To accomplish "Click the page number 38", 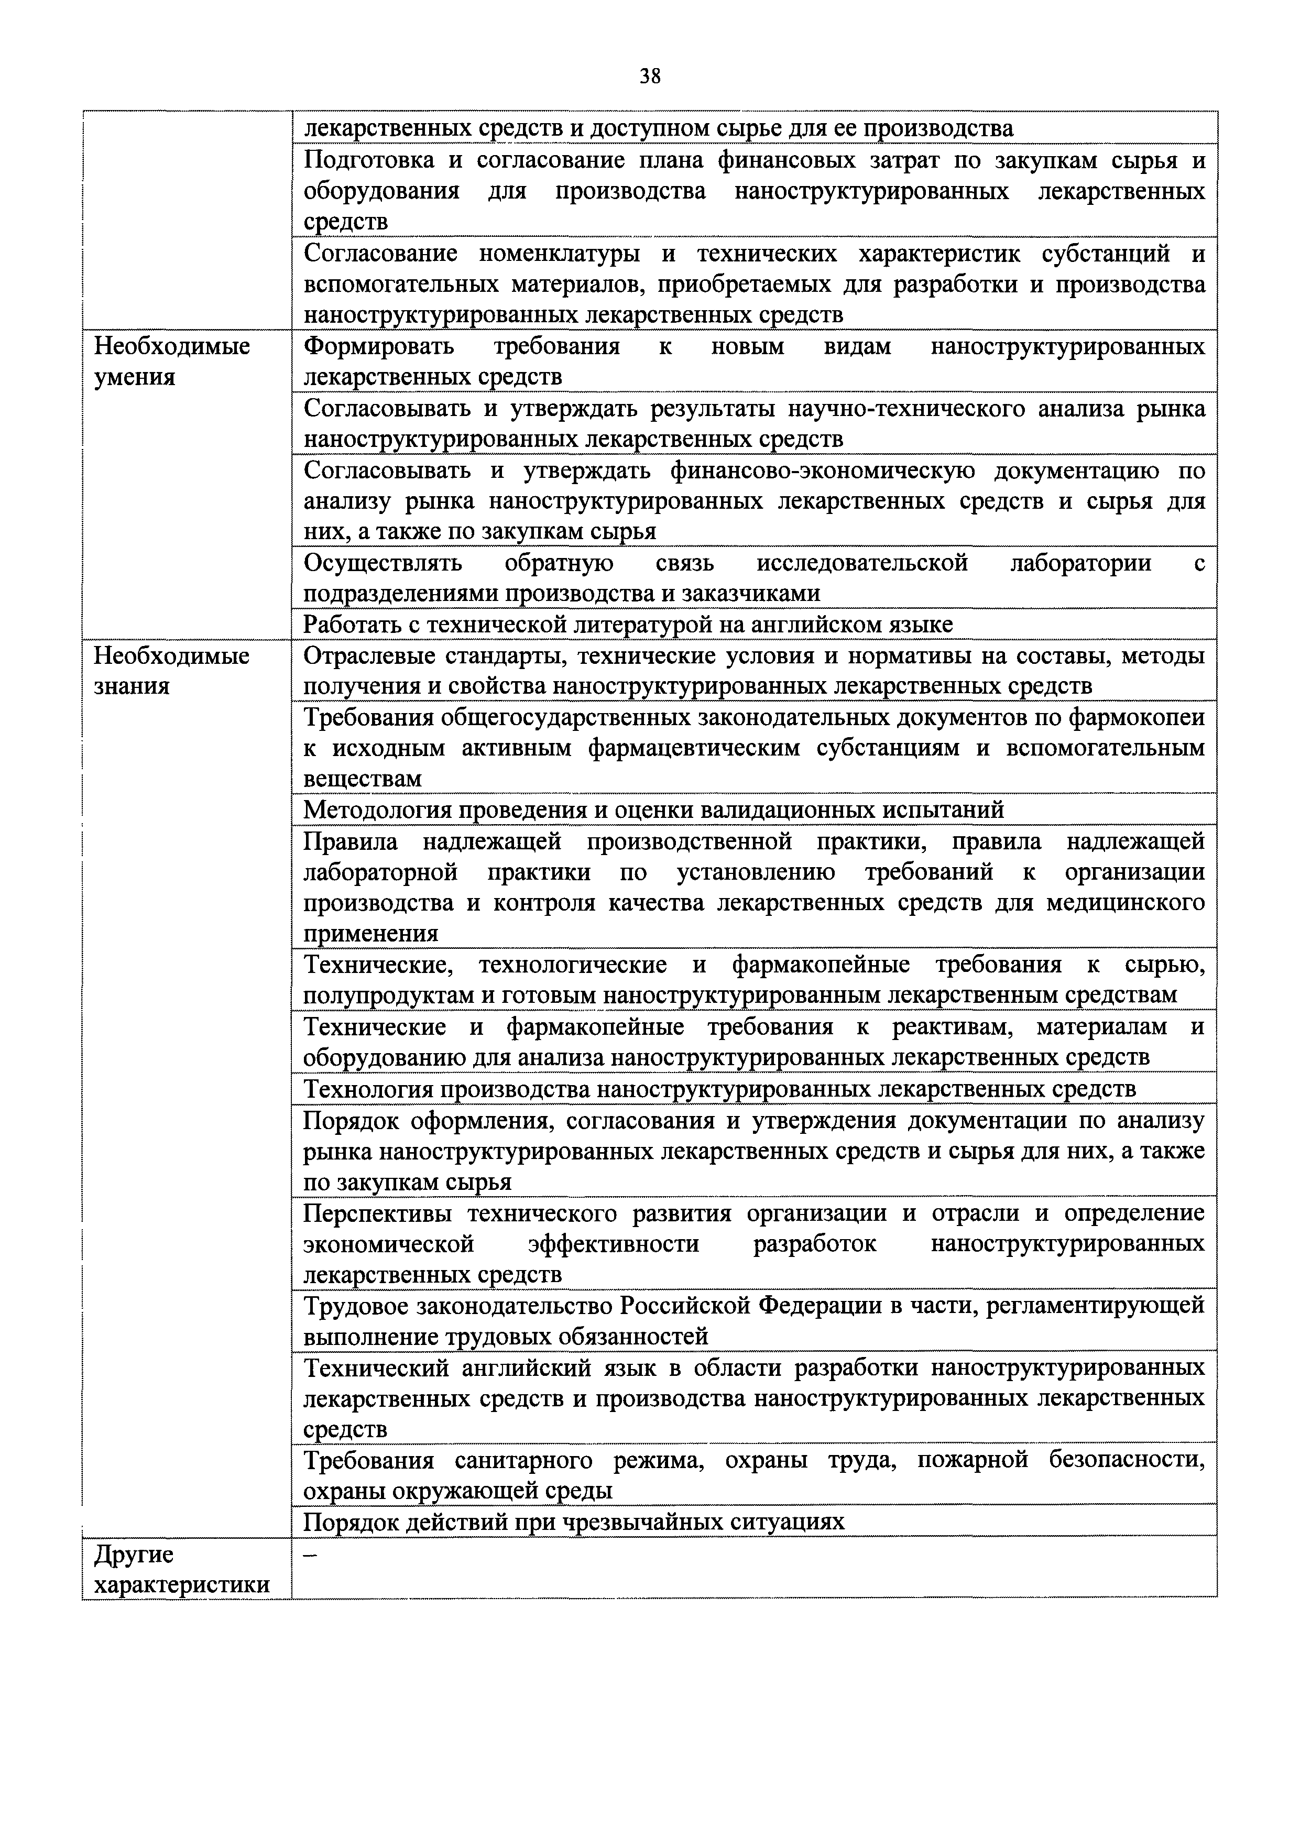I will (x=650, y=77).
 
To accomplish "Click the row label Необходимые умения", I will (x=171, y=361).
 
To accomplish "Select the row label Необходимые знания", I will (x=171, y=671).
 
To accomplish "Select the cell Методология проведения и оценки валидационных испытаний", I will (x=653, y=810).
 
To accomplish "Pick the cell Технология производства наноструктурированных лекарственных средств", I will (x=719, y=1089).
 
